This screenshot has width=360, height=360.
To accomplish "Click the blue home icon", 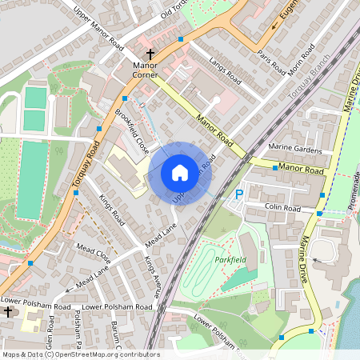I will pyautogui.click(x=180, y=173).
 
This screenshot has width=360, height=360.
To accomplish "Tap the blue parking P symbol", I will pyautogui.click(x=238, y=194).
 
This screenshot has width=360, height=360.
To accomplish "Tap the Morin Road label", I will pyautogui.click(x=302, y=63).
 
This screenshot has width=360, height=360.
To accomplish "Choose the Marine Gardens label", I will pyautogui.click(x=296, y=148).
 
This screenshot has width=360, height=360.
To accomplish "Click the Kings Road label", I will pyautogui.click(x=112, y=205).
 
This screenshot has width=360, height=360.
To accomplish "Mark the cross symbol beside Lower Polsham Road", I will pyautogui.click(x=7, y=311).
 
